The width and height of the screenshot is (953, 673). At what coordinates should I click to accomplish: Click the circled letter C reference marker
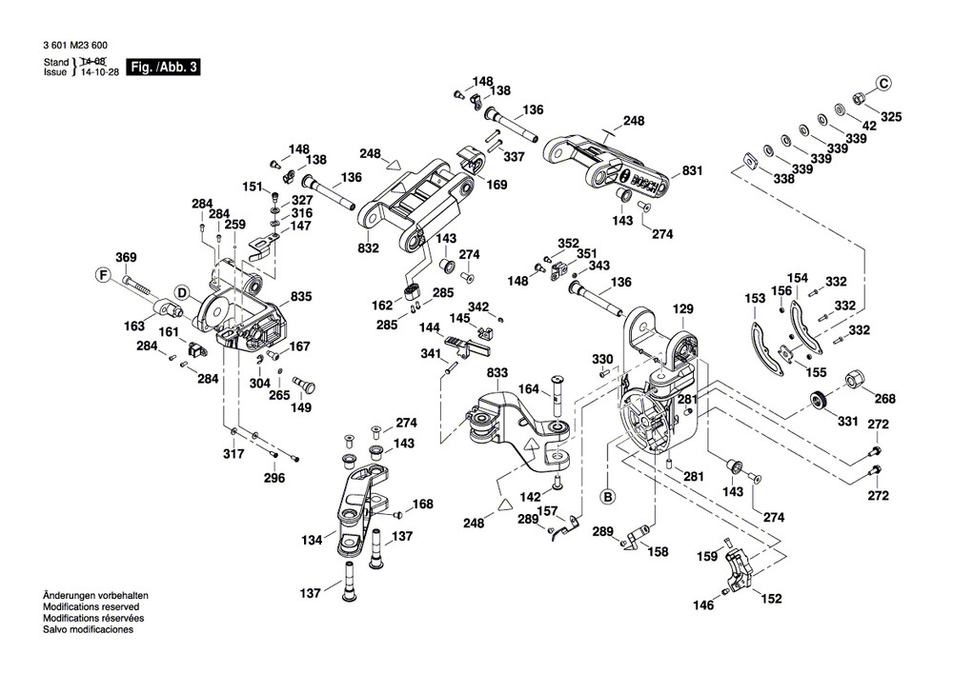coord(883,84)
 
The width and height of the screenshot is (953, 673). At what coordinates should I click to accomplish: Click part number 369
coord(126,257)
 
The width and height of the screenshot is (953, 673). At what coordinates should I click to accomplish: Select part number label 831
coord(692,172)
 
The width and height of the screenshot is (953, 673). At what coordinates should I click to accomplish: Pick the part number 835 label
coord(302,297)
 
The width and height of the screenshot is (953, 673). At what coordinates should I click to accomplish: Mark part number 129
coord(683,309)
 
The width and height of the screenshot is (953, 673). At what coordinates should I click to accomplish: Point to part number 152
coord(773,599)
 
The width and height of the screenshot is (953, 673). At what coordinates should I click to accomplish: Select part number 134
coord(312,541)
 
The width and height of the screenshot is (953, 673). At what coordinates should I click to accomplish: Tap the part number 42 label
coord(868,126)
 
